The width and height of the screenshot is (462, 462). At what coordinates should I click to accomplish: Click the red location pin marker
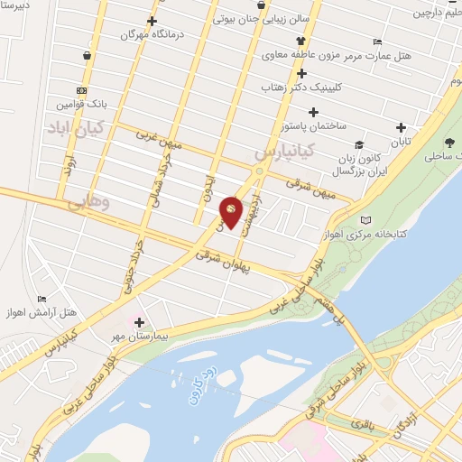(x=232, y=210)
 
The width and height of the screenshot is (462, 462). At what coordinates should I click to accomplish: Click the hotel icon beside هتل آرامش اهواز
(x=42, y=300)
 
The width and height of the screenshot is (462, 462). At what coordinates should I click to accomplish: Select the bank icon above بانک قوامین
(x=82, y=91)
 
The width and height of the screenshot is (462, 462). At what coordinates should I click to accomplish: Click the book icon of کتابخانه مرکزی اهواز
(x=365, y=219)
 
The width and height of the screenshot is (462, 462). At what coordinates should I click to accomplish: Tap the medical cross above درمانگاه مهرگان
(x=152, y=22)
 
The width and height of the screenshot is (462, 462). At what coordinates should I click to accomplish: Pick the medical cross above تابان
(x=401, y=127)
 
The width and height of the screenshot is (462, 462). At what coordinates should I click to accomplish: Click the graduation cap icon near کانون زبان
(x=358, y=144)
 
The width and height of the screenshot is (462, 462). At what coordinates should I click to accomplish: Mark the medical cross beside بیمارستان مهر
(x=139, y=322)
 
